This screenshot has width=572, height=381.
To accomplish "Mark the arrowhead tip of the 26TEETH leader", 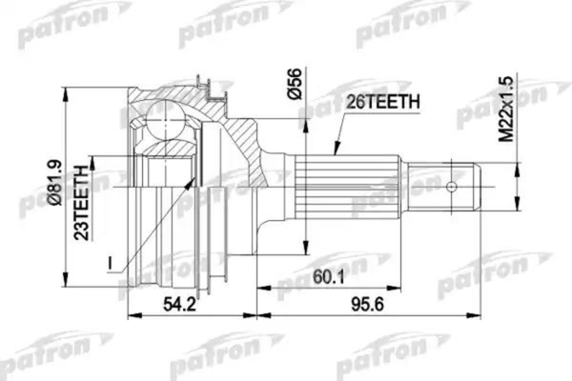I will coord(335,154).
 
